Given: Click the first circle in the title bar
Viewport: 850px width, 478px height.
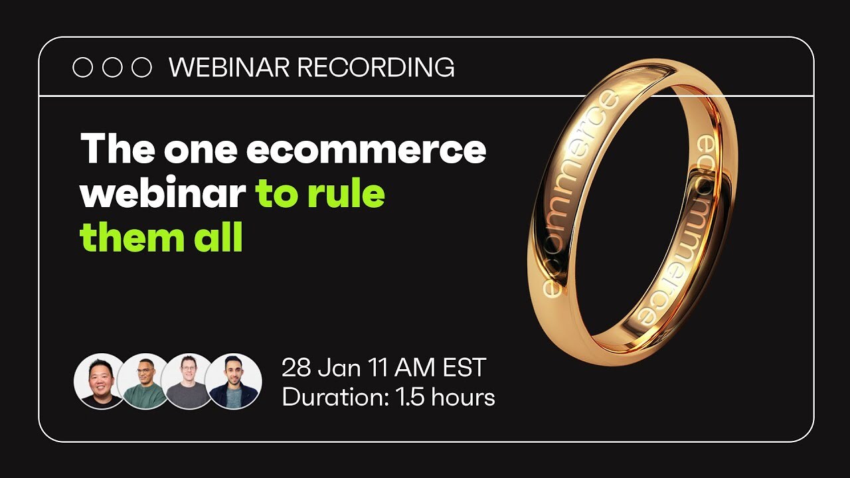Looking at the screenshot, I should (x=82, y=68).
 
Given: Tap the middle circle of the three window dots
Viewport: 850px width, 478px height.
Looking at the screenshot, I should (x=112, y=68).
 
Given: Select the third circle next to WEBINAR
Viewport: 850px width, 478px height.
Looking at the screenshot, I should (x=141, y=68).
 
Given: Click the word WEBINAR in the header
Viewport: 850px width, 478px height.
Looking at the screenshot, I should (x=229, y=68).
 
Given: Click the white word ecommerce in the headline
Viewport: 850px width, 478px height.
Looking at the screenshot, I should (x=367, y=150).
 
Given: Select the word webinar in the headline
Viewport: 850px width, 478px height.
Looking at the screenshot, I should (x=163, y=194).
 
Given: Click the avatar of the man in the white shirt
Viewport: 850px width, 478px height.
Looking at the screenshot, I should (x=100, y=381).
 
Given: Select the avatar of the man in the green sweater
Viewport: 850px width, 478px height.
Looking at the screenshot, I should (x=144, y=381).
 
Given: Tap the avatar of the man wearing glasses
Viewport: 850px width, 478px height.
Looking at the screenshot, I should (x=189, y=381).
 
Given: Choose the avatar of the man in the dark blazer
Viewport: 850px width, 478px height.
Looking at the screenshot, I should (x=232, y=381).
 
